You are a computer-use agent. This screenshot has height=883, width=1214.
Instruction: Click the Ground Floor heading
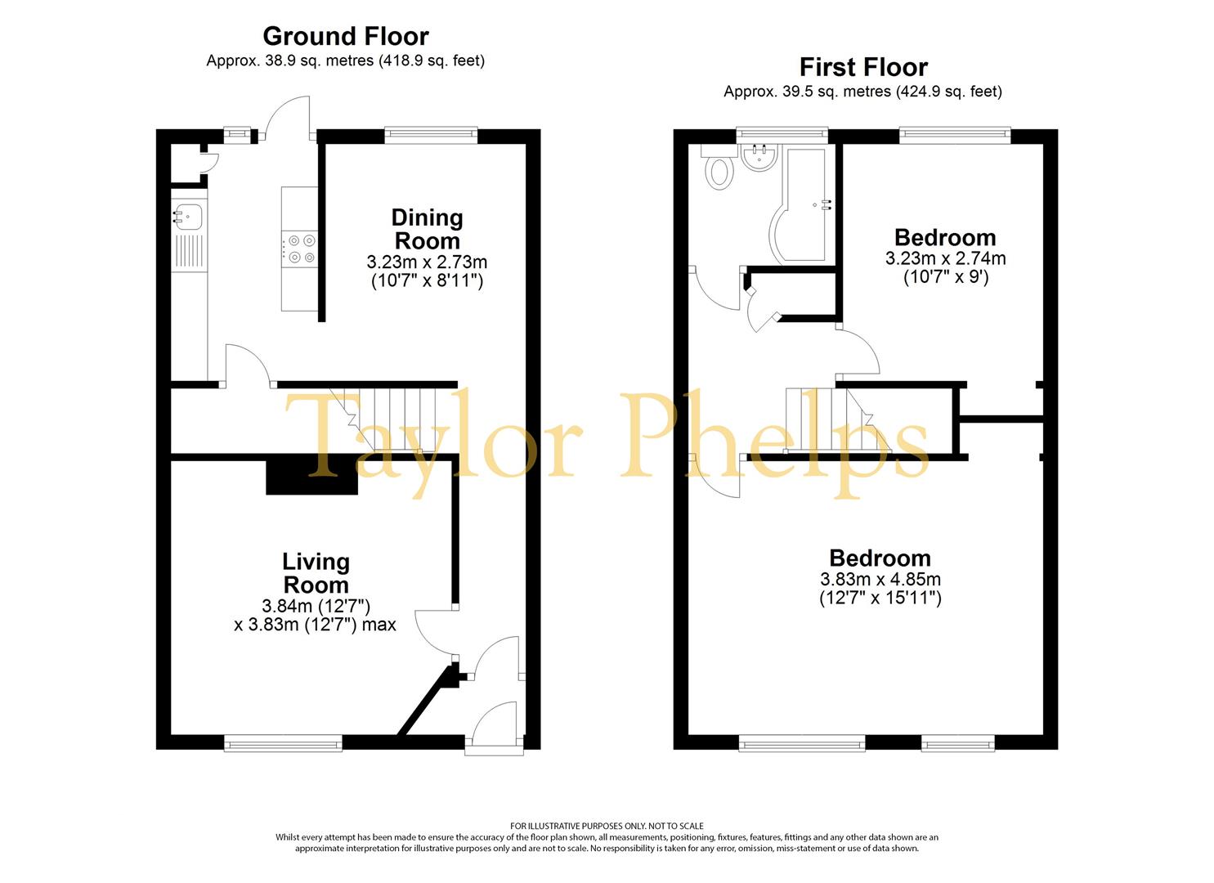coord(346,37)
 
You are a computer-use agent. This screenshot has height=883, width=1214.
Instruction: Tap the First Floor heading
coord(863,68)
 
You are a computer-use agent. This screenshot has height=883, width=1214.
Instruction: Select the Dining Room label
coord(427,229)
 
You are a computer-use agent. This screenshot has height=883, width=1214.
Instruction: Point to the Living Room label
coord(316,573)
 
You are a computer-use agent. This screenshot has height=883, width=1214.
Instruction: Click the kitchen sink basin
coord(187,216)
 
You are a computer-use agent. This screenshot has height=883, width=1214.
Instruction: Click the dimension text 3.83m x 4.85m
coord(880,580)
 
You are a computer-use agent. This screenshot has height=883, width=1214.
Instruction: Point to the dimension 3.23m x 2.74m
coord(945,258)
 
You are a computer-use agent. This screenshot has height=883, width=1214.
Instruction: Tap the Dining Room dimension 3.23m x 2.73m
coord(427,262)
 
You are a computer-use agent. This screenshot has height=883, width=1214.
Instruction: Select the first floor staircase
coord(837,419)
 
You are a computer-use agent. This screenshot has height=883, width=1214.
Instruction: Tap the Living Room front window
coord(283,742)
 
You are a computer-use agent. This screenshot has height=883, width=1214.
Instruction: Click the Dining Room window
coord(432,135)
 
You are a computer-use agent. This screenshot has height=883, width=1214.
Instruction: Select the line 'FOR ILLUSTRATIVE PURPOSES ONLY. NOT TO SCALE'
coord(607,826)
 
